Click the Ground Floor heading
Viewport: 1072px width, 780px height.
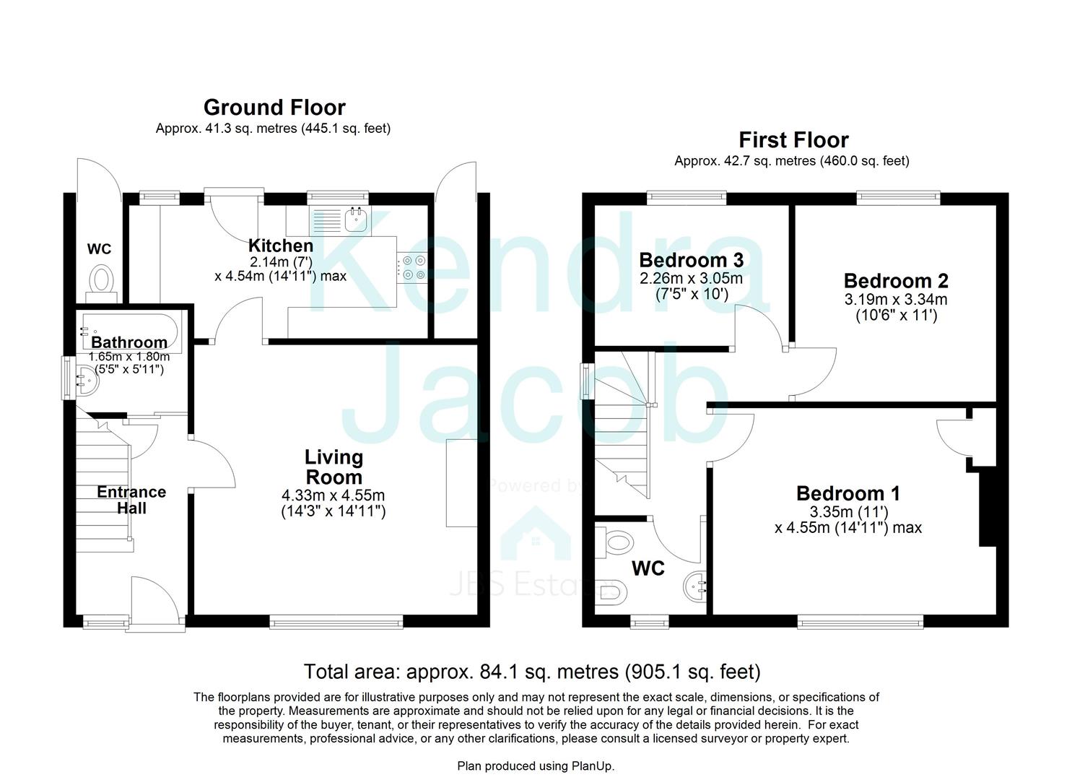click(274, 108)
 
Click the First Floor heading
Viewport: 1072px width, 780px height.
click(793, 140)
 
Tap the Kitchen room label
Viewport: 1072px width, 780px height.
click(281, 246)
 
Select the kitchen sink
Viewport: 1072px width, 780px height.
click(356, 219)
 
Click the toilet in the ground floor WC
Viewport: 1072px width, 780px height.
click(102, 279)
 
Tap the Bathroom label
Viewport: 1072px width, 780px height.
click(129, 342)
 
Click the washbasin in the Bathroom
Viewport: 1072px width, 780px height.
click(87, 378)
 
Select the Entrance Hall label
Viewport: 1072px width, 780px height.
click(131, 500)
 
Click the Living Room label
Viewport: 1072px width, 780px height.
click(334, 467)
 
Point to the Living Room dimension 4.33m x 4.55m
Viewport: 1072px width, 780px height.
click(334, 496)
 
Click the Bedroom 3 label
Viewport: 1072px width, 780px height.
click(691, 259)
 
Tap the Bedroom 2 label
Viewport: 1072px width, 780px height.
click(896, 280)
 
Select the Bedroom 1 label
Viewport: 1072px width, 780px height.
click(848, 493)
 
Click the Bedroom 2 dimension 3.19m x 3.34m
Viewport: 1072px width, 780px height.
click(896, 300)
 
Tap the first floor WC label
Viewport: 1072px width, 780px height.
click(648, 569)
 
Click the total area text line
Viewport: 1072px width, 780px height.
click(532, 672)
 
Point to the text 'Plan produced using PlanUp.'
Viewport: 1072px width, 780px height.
click(536, 766)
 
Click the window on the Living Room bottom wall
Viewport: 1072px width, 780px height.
click(336, 620)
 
